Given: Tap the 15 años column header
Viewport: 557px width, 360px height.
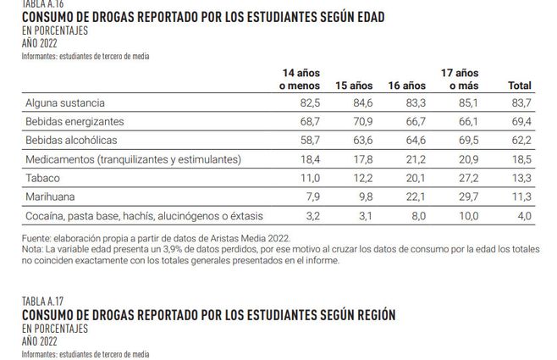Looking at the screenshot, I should coord(355,86).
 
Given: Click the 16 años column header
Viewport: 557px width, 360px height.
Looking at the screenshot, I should coord(406,86).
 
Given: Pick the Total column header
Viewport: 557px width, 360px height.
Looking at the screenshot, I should coord(518,86).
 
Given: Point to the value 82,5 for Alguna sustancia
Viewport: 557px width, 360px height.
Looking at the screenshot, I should coord(307,102).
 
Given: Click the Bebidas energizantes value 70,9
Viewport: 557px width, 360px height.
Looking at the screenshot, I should coord(361,121).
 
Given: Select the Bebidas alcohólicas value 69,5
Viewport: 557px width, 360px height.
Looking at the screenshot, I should coord(467,140).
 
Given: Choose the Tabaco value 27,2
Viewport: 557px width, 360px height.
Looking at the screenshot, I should coord(467,178).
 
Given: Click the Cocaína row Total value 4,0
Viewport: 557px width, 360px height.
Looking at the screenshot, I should coord(524,215).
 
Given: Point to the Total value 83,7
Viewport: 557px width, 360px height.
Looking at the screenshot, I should coord(521,102).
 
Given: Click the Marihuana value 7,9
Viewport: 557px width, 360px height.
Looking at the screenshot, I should coord(310,197).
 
